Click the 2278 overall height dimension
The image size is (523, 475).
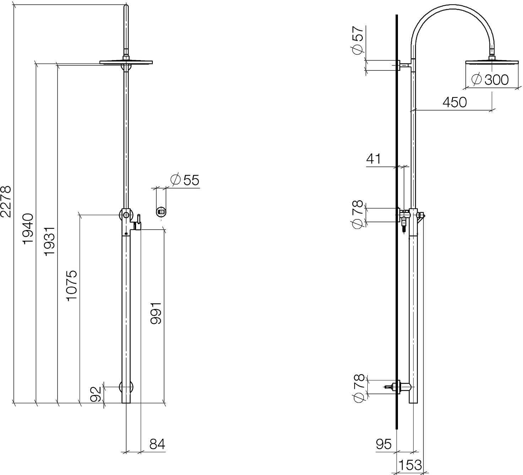[x=6, y=201]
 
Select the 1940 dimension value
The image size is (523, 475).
[x=28, y=229]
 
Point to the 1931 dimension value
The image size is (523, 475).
[x=49, y=241]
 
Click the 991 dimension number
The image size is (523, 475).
[x=156, y=313]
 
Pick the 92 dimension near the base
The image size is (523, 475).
[x=96, y=394]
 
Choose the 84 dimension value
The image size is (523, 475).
[x=157, y=444]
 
